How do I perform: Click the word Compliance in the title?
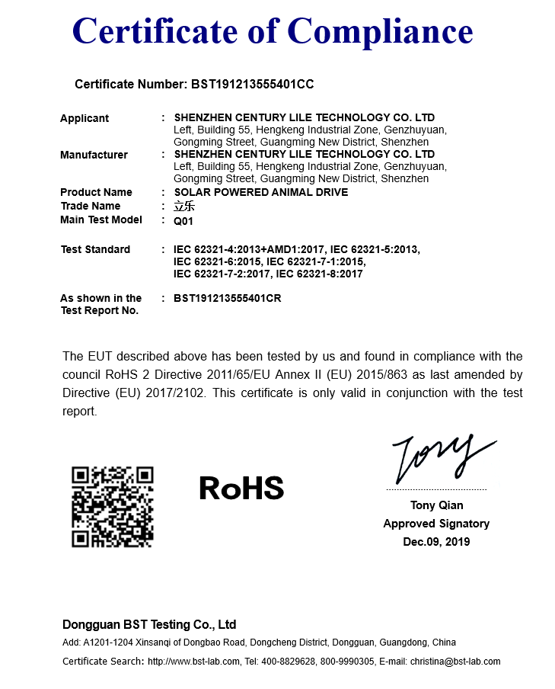click(381, 32)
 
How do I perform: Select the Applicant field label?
click(85, 118)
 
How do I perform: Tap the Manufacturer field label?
click(94, 155)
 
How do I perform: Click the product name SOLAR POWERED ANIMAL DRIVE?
click(260, 192)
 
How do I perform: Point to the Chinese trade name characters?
click(183, 207)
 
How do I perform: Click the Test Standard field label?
click(95, 249)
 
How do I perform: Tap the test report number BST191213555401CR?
click(227, 298)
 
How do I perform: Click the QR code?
click(113, 507)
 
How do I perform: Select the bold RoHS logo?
click(241, 489)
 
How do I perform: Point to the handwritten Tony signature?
click(442, 458)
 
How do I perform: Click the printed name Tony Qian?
click(436, 505)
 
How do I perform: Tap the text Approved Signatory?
click(436, 524)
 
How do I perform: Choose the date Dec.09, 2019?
click(436, 542)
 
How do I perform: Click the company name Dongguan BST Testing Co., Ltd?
click(149, 623)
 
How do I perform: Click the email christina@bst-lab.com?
click(455, 662)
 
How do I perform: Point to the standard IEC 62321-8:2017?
click(319, 274)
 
